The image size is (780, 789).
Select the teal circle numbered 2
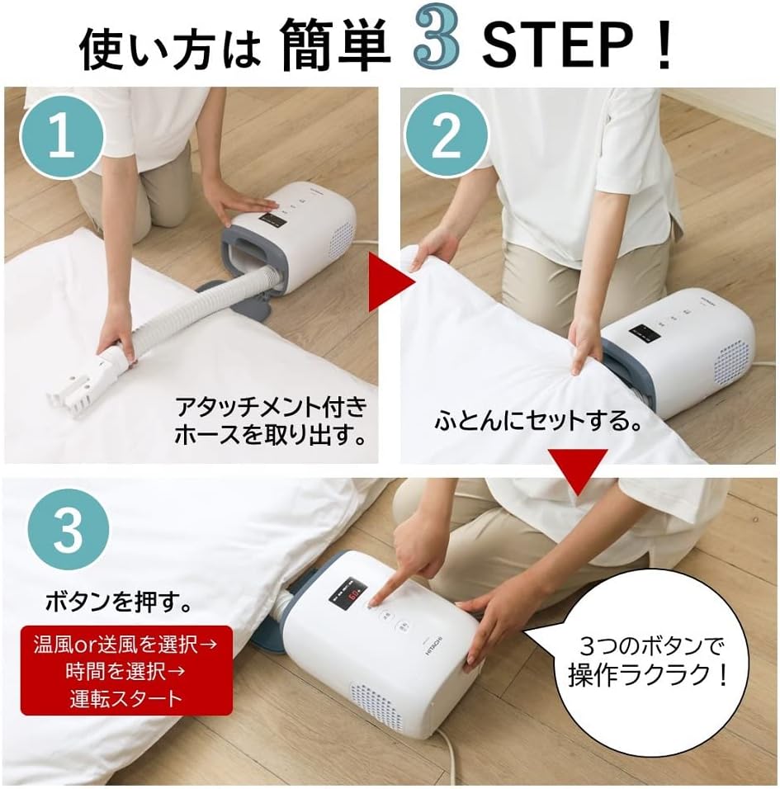[447, 136]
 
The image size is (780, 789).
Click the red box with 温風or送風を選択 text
[126, 669]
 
